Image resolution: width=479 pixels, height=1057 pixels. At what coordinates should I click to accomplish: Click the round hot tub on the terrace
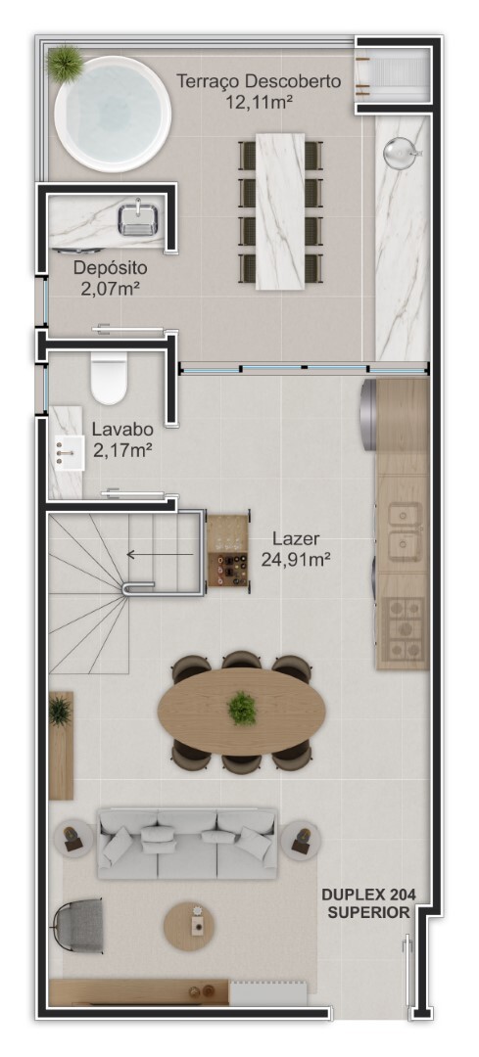tap(112, 114)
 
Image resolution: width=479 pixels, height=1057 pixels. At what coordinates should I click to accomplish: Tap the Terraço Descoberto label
tap(259, 81)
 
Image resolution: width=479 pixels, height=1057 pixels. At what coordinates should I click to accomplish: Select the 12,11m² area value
tap(259, 103)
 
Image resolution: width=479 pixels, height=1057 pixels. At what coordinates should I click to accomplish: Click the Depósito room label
tap(110, 267)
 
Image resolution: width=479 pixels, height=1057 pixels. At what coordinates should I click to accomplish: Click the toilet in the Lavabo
tap(109, 378)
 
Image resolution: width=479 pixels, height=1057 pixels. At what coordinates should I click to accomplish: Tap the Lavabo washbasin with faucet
tap(68, 452)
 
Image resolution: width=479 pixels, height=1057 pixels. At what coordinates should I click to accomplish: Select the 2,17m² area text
tap(122, 448)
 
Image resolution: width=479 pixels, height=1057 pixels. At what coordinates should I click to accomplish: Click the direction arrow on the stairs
tap(160, 555)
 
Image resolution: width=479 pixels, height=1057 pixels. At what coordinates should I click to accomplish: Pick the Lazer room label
tap(296, 538)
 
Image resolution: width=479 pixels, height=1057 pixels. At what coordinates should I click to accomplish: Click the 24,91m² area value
tap(296, 559)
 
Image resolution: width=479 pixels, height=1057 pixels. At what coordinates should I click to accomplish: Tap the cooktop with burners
tap(402, 628)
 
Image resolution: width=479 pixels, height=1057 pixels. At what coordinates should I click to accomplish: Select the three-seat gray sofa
tap(187, 843)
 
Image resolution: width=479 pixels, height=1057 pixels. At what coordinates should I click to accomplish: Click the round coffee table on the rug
tap(190, 928)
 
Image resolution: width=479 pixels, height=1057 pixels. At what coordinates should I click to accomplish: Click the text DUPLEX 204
tap(368, 896)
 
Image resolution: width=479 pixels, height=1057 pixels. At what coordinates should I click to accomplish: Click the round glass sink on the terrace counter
tap(398, 153)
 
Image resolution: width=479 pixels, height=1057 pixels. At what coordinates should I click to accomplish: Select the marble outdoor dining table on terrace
tap(280, 211)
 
